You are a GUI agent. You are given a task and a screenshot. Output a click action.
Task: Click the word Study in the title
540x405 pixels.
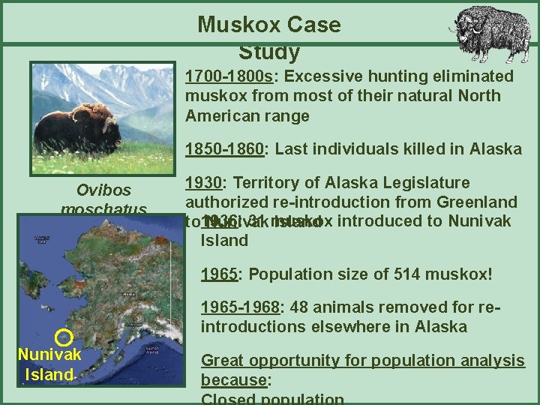269,52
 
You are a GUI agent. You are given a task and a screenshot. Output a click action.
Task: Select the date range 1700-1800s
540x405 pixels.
230,76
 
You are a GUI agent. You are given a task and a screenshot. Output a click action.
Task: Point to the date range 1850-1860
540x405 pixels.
225,148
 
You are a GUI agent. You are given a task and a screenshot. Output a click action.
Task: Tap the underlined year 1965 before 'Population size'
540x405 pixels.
218,274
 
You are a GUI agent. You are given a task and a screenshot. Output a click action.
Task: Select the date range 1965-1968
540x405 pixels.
239,307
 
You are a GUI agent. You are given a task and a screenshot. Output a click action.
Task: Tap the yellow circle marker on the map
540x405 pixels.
64,337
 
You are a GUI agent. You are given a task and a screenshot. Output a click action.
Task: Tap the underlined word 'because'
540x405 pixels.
234,379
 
